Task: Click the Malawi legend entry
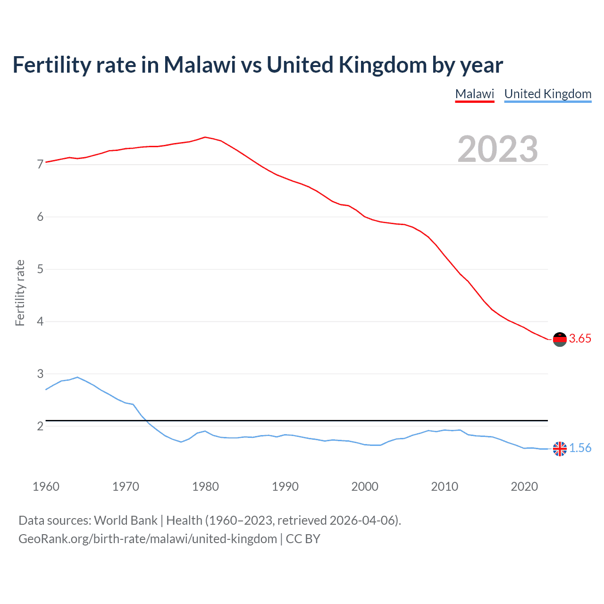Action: (x=474, y=94)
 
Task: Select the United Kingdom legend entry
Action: (x=547, y=94)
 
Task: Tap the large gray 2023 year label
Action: (x=497, y=149)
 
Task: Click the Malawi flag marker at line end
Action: (x=560, y=339)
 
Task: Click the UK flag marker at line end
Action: (x=560, y=449)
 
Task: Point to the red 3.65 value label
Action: (x=580, y=339)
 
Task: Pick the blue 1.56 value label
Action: (x=580, y=448)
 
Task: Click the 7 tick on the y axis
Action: (x=40, y=165)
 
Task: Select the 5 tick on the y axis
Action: (x=40, y=269)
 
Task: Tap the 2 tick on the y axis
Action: (x=40, y=426)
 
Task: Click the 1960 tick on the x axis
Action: (x=46, y=487)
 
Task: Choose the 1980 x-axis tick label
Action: (x=205, y=487)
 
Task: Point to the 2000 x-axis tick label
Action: (x=365, y=487)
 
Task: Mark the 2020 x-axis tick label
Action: (x=524, y=487)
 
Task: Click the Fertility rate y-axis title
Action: (x=20, y=293)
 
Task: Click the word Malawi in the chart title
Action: (x=200, y=65)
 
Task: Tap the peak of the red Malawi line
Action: (x=205, y=137)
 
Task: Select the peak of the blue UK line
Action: (x=77, y=377)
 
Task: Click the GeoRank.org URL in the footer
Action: (x=148, y=539)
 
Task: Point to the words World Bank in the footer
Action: (x=126, y=520)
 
